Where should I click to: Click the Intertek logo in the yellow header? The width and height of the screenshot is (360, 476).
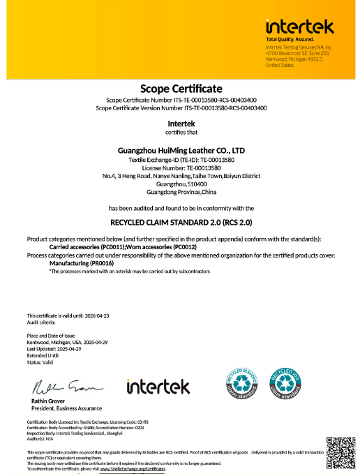[299, 27]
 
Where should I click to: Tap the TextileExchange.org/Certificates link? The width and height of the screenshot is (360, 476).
[133, 469]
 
